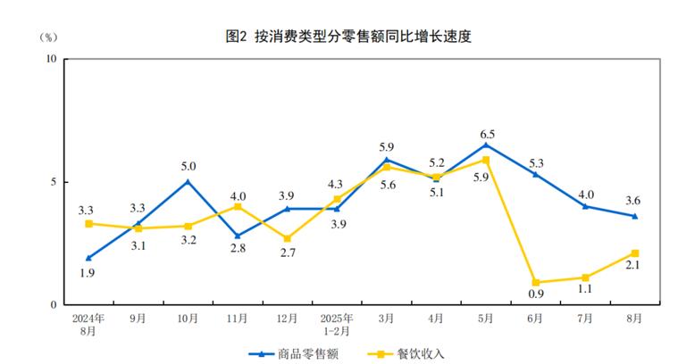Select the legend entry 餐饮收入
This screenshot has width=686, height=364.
[406, 354]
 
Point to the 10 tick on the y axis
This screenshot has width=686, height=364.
[51, 59]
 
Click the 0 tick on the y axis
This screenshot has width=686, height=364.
[54, 305]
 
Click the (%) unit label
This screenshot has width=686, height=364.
[49, 37]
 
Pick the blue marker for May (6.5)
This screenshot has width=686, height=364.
[486, 145]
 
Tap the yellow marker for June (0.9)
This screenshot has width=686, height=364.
[535, 283]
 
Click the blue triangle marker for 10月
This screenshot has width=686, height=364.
[188, 181]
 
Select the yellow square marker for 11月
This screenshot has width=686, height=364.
[238, 206]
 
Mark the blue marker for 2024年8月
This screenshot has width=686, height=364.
[88, 258]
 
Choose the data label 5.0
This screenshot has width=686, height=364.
[188, 166]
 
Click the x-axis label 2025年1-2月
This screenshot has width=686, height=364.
[337, 323]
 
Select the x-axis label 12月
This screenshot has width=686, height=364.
[287, 318]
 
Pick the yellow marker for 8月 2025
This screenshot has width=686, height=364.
[635, 253]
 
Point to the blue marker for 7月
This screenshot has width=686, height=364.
[585, 206]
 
